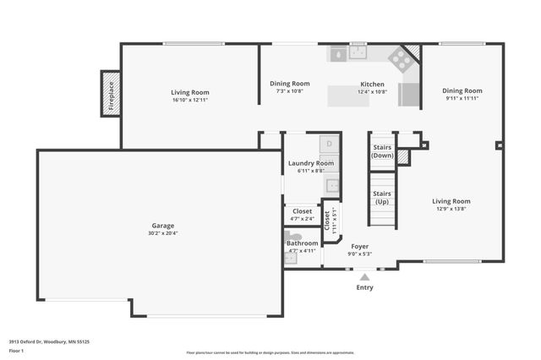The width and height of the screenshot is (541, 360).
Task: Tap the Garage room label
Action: [162, 226]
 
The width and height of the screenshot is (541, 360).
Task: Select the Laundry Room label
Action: [310, 163]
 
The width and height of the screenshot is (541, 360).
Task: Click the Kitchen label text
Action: [372, 85]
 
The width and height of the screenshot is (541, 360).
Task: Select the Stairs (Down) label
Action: [382, 150]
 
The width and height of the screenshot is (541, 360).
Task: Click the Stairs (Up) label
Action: [382, 198]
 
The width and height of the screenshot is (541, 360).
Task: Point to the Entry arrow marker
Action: [364, 275]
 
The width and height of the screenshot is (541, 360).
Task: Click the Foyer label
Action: [360, 247]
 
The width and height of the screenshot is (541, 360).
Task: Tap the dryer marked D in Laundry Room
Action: [329, 144]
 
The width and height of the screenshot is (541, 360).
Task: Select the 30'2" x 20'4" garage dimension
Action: [162, 234]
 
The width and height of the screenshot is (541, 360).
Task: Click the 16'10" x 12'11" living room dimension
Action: [189, 101]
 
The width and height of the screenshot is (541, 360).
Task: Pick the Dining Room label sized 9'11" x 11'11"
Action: [462, 90]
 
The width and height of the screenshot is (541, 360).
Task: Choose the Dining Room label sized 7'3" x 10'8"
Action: [289, 84]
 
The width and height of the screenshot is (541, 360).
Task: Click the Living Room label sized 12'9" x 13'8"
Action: [451, 201]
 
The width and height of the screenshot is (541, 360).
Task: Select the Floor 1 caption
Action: [16, 351]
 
